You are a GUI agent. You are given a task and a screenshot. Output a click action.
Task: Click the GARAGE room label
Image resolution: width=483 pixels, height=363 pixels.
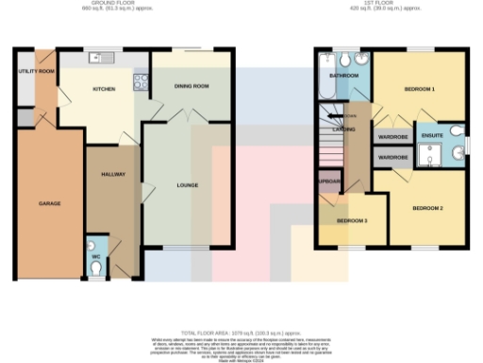50,204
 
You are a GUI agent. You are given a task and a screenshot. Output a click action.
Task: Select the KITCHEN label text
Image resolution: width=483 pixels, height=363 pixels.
104,89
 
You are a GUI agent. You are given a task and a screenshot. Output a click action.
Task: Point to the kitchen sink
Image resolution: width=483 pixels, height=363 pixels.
98,59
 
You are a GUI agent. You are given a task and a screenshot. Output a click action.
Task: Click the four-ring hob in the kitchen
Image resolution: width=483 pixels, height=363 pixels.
141,81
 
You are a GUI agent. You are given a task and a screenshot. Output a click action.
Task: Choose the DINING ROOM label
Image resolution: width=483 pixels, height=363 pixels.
191,85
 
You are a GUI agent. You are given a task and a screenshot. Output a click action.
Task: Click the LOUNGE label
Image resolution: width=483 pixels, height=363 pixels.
188,185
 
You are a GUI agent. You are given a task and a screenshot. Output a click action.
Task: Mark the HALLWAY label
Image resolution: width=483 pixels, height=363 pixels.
113,174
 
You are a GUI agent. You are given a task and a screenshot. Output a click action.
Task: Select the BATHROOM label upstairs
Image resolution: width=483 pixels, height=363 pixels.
340,75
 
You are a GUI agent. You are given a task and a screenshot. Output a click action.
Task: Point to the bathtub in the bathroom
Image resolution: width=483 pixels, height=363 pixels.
326,86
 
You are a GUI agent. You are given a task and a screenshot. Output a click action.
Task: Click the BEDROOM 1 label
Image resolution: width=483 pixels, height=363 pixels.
419,89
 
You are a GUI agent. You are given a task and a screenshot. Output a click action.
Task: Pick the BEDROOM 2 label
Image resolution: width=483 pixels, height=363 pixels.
427,208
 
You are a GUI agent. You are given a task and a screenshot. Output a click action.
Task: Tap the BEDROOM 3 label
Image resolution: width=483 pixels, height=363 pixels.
353,220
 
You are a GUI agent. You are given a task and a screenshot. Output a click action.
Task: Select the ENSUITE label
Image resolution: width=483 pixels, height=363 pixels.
432,136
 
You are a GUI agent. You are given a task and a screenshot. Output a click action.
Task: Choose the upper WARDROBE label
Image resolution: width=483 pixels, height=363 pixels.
391,136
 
